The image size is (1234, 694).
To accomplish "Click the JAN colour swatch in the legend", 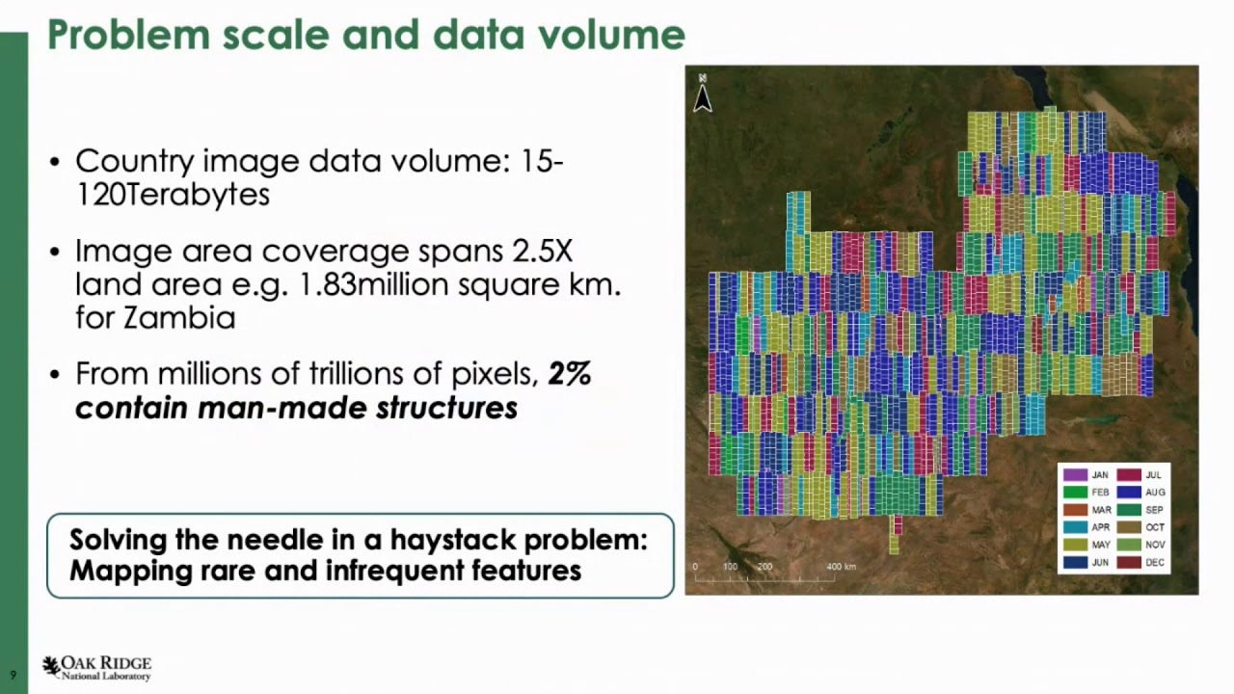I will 1074,475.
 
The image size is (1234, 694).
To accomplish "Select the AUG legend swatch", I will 1129,493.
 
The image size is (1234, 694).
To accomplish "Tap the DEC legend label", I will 1154,563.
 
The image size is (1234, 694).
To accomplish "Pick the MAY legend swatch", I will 1074,545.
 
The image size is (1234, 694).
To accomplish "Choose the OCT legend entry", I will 1154,527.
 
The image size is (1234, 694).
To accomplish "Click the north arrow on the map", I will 703,94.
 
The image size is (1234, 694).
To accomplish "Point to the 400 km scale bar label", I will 841,567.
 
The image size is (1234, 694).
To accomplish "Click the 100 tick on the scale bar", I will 730,567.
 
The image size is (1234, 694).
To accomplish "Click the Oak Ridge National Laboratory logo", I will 96,668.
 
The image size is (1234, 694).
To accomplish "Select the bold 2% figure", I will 569,374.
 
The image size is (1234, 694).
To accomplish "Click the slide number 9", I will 13,675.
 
